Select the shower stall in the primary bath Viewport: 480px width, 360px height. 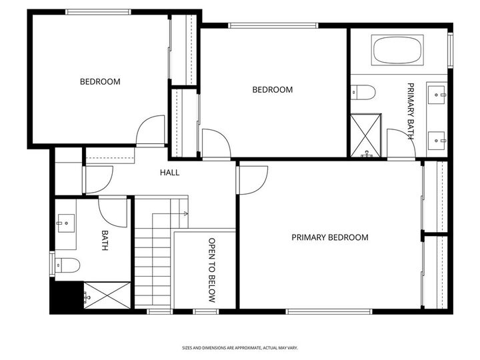coord(366,135)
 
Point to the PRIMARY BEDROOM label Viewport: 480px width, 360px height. coord(329,237)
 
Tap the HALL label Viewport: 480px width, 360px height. coord(169,173)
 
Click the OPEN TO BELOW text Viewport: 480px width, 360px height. coord(212,270)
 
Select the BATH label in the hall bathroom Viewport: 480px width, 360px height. coord(105,241)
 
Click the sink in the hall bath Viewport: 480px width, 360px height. coord(65,219)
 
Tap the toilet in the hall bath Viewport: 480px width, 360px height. coord(67,265)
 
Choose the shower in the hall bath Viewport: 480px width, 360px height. coord(107,294)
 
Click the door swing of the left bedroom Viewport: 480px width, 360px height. coord(151,131)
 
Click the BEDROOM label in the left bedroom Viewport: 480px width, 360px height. coord(100,82)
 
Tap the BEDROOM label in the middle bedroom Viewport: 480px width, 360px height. coord(272,90)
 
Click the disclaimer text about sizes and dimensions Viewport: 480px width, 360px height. coord(241,347)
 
